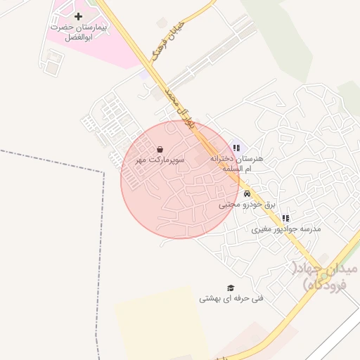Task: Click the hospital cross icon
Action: click(x=78, y=15)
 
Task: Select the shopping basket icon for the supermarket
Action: click(x=161, y=149)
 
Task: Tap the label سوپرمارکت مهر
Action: click(x=160, y=160)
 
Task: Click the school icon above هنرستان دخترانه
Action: click(x=237, y=148)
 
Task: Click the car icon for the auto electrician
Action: click(x=247, y=193)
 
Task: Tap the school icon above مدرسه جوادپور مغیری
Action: click(x=285, y=219)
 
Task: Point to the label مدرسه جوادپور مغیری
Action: click(x=286, y=229)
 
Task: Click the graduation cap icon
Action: click(x=230, y=288)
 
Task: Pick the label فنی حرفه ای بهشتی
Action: click(x=231, y=298)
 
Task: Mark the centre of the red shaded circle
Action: click(x=180, y=179)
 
